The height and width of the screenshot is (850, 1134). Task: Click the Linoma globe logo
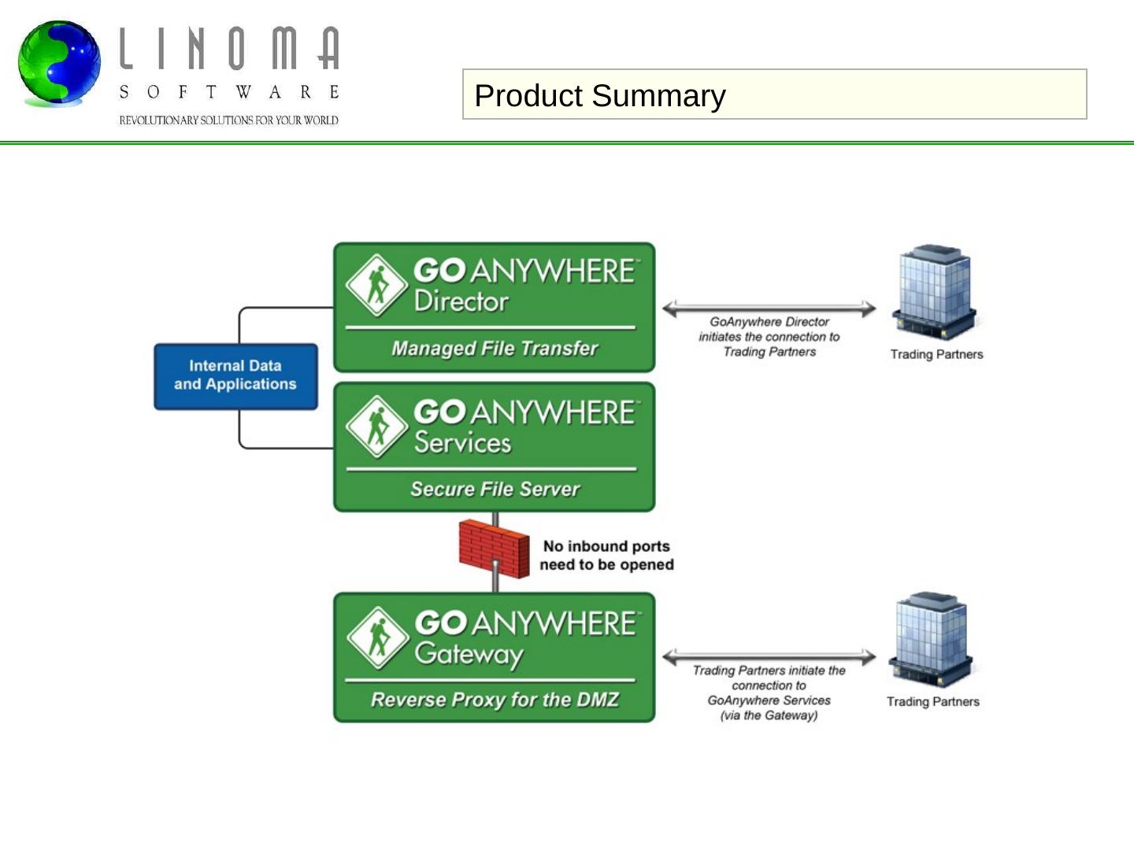tap(59, 63)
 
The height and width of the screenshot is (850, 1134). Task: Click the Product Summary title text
tap(599, 95)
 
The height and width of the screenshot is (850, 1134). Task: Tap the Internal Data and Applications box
tap(235, 376)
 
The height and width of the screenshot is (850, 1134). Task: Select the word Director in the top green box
tap(461, 301)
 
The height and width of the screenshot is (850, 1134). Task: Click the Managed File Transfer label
tap(495, 348)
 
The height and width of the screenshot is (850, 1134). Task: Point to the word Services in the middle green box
tap(463, 442)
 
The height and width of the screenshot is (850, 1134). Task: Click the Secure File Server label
tap(495, 489)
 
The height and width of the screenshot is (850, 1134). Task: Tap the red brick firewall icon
tap(494, 549)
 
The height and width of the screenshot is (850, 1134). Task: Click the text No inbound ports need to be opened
tap(606, 555)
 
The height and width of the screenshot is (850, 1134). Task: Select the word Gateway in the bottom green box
tap(469, 654)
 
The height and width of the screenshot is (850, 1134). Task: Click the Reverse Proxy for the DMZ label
tap(495, 700)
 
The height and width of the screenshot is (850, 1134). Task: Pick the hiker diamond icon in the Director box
tap(377, 285)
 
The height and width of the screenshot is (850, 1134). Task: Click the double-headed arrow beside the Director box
tap(769, 309)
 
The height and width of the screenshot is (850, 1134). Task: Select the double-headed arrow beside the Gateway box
tap(769, 656)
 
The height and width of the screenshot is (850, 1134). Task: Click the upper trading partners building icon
tap(935, 291)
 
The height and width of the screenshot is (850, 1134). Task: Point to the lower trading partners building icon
tap(932, 640)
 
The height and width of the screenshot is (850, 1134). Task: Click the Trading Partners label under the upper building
tap(936, 354)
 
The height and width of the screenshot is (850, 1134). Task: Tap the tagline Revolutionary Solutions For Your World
tap(228, 120)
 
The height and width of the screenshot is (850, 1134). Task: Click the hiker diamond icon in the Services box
tap(377, 427)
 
